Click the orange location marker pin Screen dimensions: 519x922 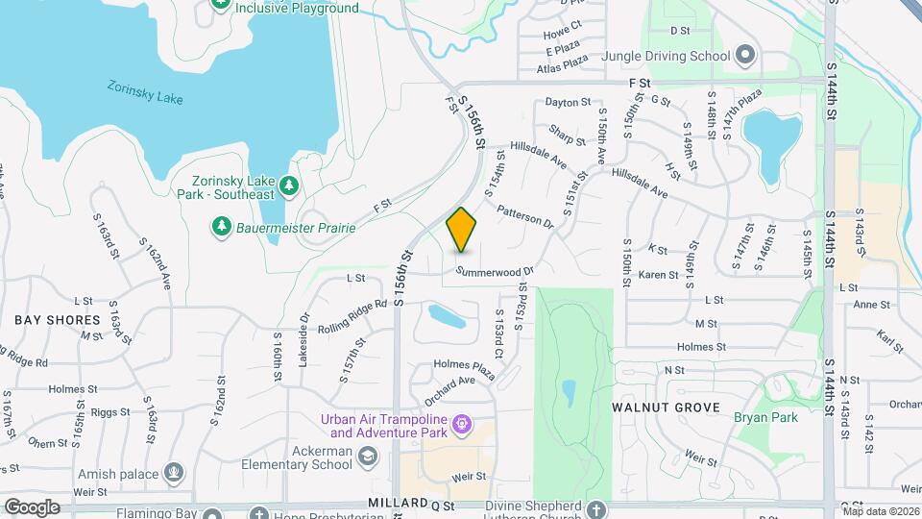pyautogui.click(x=462, y=230)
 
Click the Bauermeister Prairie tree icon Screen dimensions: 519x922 pyautogui.click(x=222, y=227)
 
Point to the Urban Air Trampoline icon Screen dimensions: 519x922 pyautogui.click(x=463, y=423)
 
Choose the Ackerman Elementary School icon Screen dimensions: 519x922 pyautogui.click(x=367, y=457)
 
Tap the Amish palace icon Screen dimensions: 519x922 pyautogui.click(x=174, y=473)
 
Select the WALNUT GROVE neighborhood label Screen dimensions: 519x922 pyautogui.click(x=666, y=408)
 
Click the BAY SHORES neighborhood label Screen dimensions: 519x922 pyautogui.click(x=57, y=319)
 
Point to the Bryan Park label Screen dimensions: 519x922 pyautogui.click(x=765, y=417)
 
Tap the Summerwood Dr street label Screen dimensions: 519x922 pyautogui.click(x=494, y=273)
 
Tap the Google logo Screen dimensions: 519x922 pyautogui.click(x=32, y=507)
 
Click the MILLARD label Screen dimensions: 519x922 pyautogui.click(x=397, y=504)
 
